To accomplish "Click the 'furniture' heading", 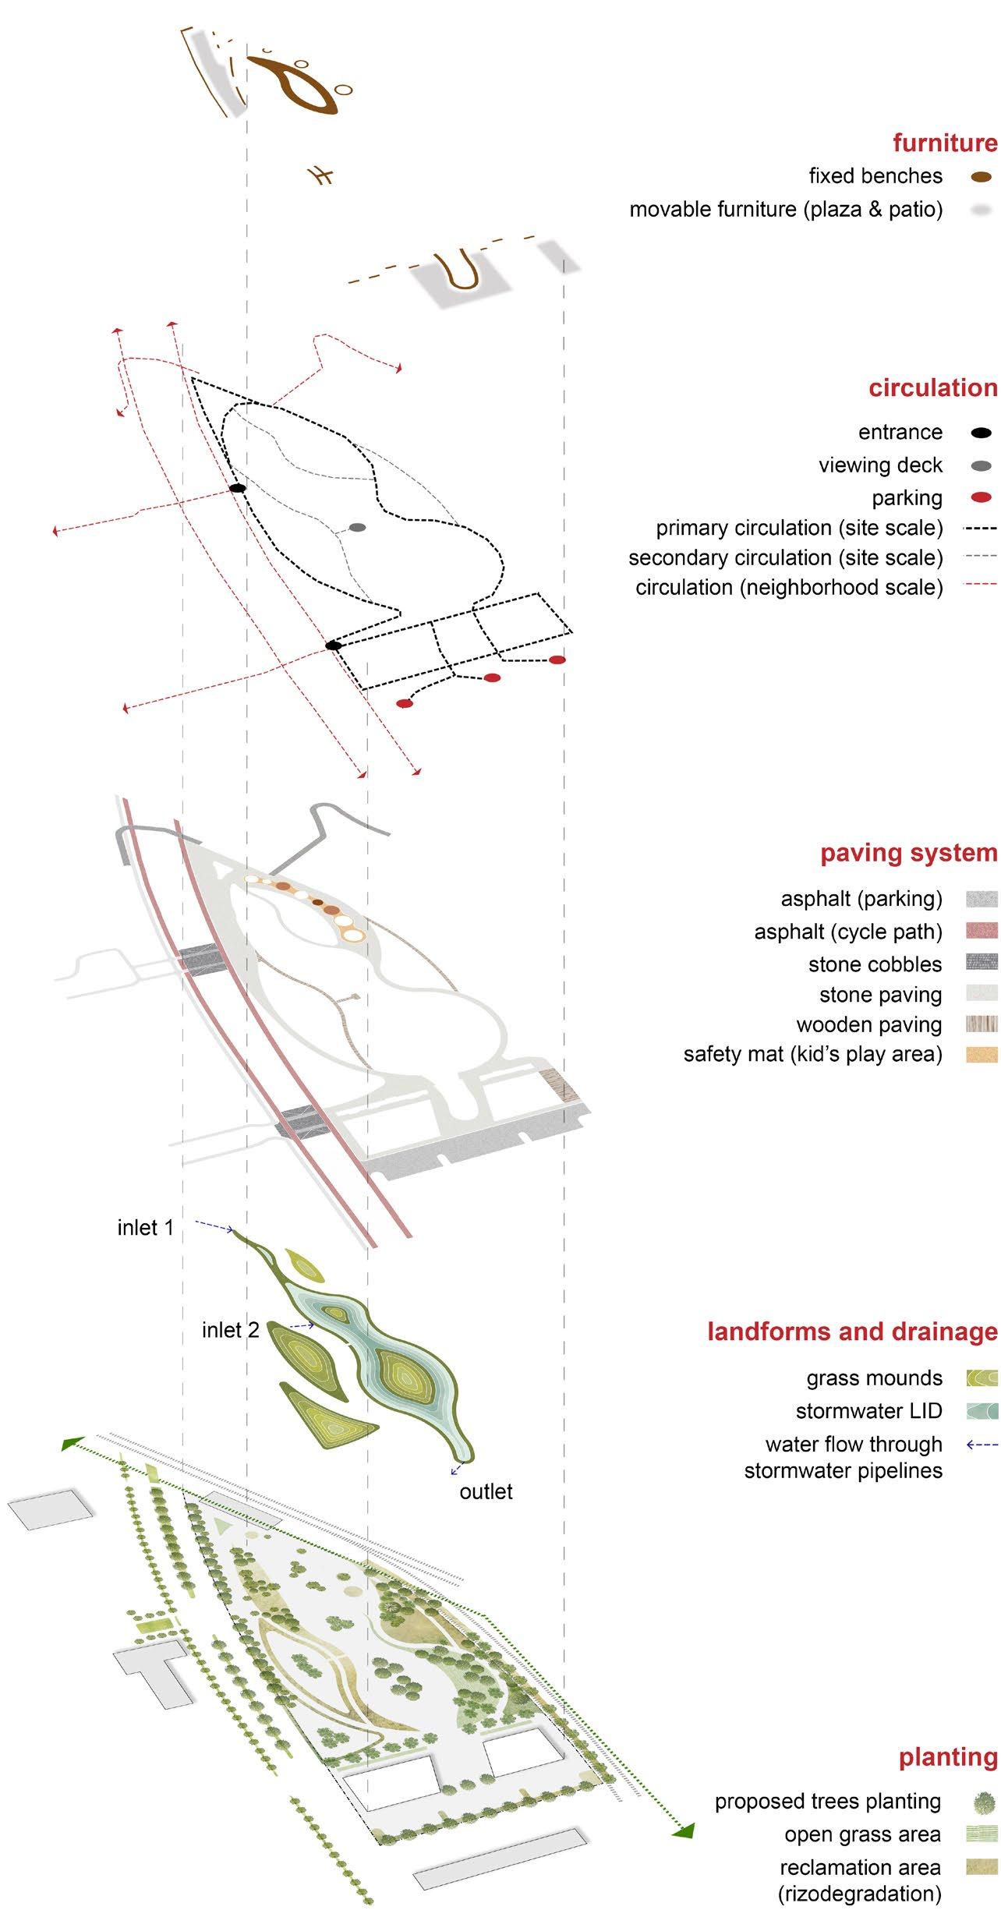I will click(x=945, y=143).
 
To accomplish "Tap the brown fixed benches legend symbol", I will click(x=982, y=177).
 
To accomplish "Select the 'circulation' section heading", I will click(x=932, y=387).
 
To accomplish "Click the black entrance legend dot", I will click(x=982, y=433).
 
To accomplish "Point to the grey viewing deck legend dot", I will click(x=982, y=466).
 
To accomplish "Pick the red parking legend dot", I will click(x=982, y=498).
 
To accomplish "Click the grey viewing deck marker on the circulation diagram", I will click(x=357, y=528).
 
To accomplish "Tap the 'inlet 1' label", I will click(x=145, y=1228).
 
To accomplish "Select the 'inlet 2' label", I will click(x=230, y=1330).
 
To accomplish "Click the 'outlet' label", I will click(x=486, y=1491).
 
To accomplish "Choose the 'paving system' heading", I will click(x=908, y=853).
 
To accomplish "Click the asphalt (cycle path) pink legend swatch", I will click(x=982, y=931).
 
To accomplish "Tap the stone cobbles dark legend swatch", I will click(x=982, y=963).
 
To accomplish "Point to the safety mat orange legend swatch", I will click(x=982, y=1055).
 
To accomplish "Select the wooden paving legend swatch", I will click(x=982, y=1024).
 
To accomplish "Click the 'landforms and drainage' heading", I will click(x=852, y=1332).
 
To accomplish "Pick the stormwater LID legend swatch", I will click(x=982, y=1411).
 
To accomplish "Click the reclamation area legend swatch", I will click(x=982, y=1866).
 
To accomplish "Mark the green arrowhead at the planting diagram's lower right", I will click(x=684, y=1830).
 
